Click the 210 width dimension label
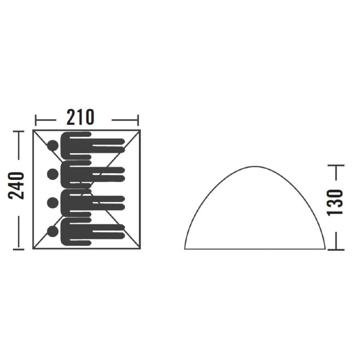[x=80, y=117]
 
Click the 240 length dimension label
[x=16, y=186]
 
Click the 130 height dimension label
[x=335, y=202]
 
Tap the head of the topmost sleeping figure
[x=53, y=145]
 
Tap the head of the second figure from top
[x=53, y=174]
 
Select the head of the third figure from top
[x=53, y=203]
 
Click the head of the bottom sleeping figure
[x=53, y=232]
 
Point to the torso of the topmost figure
[x=76, y=145]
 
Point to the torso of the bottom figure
[x=76, y=232]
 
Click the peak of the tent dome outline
[x=255, y=167]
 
